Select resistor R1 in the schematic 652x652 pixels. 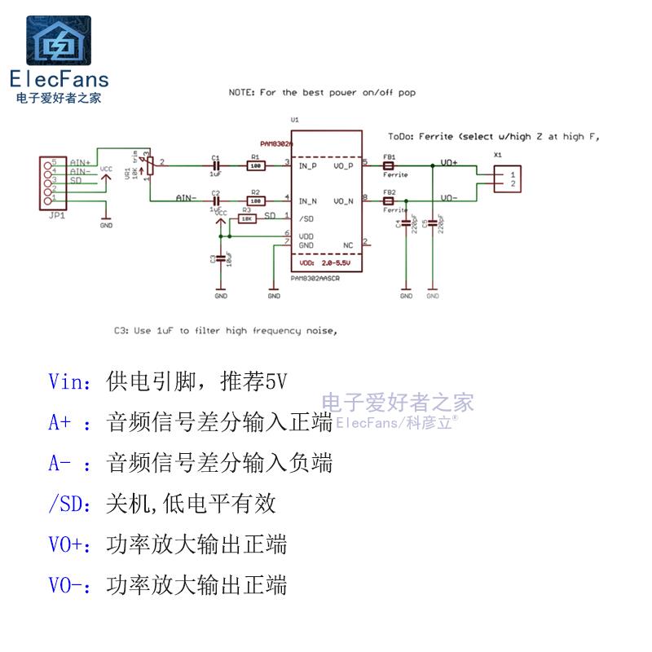pyautogui.click(x=256, y=165)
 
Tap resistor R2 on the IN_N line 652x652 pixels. pyautogui.click(x=256, y=200)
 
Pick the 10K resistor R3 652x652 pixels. pyautogui.click(x=246, y=218)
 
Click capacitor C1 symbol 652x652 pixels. pyautogui.click(x=216, y=165)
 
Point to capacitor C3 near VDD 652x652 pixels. pyautogui.click(x=219, y=259)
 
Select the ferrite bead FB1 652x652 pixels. pyautogui.click(x=390, y=165)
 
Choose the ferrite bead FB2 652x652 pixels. pyautogui.click(x=390, y=200)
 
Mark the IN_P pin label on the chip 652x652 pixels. pyautogui.click(x=308, y=166)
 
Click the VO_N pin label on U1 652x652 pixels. pyautogui.click(x=343, y=200)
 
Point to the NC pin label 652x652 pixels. pyautogui.click(x=348, y=244)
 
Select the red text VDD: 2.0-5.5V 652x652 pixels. pyautogui.click(x=324, y=264)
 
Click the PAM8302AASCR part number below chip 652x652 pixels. pyautogui.click(x=315, y=278)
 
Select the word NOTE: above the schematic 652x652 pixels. pyautogui.click(x=242, y=93)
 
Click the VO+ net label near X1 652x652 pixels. pyautogui.click(x=449, y=163)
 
